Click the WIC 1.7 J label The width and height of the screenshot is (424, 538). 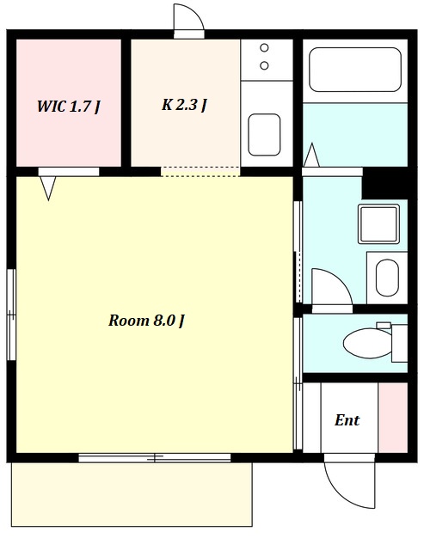point(68,106)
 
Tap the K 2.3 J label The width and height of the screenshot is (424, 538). point(184,105)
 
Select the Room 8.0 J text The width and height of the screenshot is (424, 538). point(146,321)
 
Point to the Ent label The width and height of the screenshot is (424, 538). point(347,420)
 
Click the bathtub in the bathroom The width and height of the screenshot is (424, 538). point(355,70)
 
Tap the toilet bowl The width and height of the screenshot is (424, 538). point(367,343)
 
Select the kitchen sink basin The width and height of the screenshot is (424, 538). point(264,134)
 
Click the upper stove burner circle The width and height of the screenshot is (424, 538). point(264,47)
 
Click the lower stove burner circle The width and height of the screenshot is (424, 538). point(264,65)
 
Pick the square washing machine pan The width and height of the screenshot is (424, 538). point(378,223)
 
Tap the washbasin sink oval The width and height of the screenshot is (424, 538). point(387,278)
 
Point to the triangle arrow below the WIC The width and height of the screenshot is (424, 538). point(48,188)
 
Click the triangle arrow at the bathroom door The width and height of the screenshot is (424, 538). point(311,155)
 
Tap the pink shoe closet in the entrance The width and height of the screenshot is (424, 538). point(393,418)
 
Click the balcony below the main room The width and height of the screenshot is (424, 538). point(132,494)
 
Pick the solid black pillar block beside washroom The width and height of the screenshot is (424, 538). point(384,184)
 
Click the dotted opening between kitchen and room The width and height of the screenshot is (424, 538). point(200,172)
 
